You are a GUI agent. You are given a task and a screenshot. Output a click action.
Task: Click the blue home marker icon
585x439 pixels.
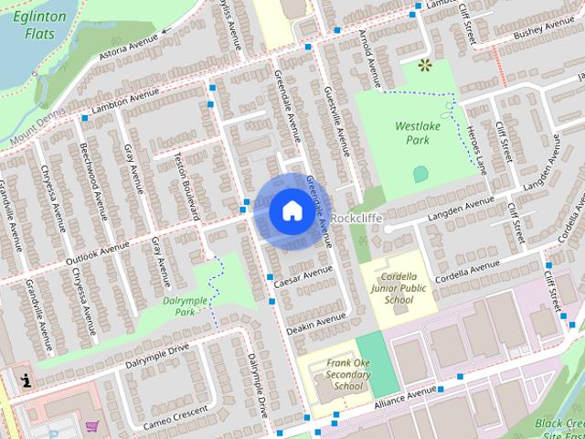291,211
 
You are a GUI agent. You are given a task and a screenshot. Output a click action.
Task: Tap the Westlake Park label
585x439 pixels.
412,134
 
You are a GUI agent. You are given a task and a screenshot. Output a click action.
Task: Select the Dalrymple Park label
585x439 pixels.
180,305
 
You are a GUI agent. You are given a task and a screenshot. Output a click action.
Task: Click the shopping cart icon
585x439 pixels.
91,426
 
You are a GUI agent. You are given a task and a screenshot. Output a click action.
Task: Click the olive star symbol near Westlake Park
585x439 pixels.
423,65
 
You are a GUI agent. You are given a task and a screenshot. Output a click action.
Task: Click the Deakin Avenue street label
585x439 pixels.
316,322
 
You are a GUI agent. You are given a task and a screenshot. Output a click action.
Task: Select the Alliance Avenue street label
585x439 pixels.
405,394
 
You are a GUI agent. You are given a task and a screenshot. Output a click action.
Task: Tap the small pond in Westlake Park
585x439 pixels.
420,173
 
